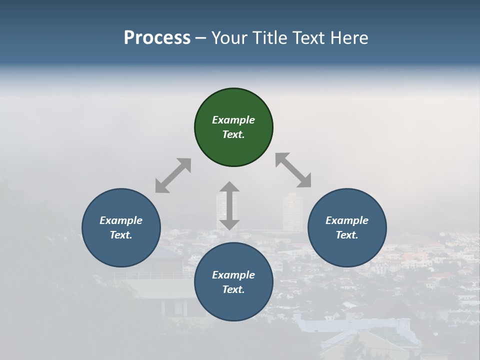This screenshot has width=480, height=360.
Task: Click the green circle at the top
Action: tap(233, 127)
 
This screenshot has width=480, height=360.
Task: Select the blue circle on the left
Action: tap(121, 228)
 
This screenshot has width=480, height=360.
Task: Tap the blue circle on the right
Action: tap(347, 228)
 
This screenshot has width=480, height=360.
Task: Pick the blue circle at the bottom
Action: tap(233, 282)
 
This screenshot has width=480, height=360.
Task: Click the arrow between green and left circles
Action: tap(173, 175)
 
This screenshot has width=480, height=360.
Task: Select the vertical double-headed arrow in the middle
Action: tap(229, 205)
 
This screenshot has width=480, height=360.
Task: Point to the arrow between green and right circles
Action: tap(293, 170)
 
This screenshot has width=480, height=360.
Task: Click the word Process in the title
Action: tap(157, 37)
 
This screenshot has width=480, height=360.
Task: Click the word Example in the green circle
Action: tap(233, 120)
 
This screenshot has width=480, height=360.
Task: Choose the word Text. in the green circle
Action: tap(233, 134)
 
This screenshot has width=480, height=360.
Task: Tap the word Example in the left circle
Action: tap(121, 220)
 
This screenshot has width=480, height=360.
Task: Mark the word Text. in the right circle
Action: tap(347, 235)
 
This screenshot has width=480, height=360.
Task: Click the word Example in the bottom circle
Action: tap(233, 275)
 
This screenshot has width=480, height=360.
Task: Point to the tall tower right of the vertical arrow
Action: tap(292, 212)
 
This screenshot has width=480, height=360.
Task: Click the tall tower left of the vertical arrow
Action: tap(220, 207)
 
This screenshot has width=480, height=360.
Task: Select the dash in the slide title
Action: tap(201, 38)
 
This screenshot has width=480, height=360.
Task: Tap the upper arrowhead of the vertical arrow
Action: tap(229, 187)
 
